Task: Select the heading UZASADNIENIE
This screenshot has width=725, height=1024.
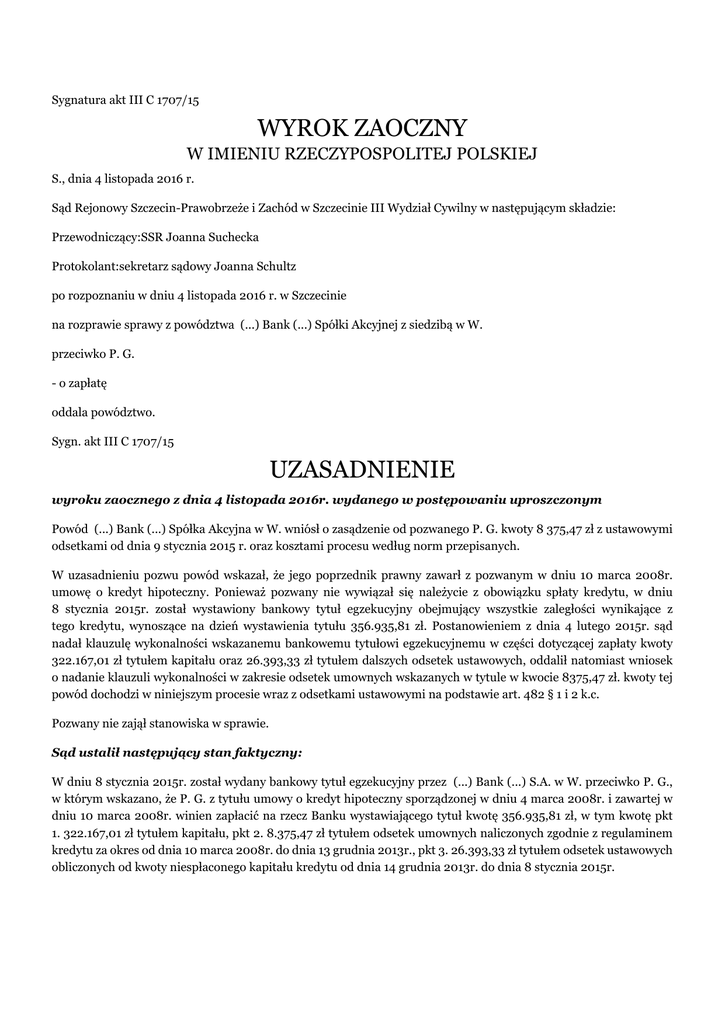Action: point(362,468)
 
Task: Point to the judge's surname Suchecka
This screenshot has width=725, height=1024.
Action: point(228,238)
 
